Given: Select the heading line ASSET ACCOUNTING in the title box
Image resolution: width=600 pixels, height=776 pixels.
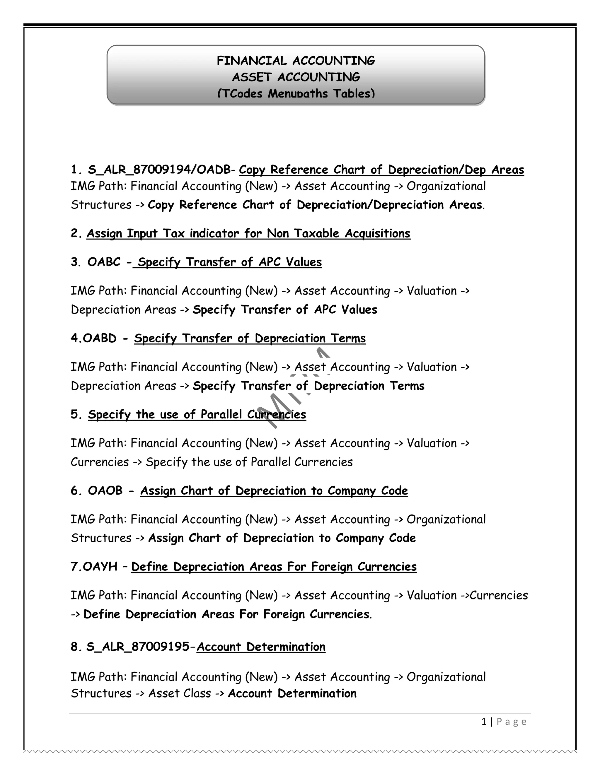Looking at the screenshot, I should click(x=296, y=77).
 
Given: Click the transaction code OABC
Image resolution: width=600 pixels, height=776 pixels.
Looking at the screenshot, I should click(x=104, y=262).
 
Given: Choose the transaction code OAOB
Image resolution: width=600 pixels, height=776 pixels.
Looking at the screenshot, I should click(x=105, y=491).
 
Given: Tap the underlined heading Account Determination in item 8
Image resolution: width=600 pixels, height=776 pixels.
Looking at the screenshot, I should click(x=261, y=647).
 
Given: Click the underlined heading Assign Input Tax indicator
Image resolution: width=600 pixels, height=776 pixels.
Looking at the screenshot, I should click(x=248, y=233).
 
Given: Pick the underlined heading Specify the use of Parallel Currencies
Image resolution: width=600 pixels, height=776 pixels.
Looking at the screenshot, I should click(x=197, y=415).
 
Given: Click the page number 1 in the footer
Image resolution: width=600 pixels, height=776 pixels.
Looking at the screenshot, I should click(x=484, y=722).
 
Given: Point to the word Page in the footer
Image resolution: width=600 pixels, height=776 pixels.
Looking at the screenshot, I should click(x=511, y=722).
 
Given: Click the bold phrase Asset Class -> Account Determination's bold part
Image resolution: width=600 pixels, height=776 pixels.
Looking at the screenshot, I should click(x=292, y=693).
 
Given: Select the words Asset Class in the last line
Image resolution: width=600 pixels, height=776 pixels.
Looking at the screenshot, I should click(x=180, y=693).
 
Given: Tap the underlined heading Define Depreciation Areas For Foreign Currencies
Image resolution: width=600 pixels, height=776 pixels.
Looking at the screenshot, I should click(x=274, y=567).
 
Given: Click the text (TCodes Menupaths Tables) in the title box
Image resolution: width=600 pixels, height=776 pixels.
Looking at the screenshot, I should click(x=296, y=93).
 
